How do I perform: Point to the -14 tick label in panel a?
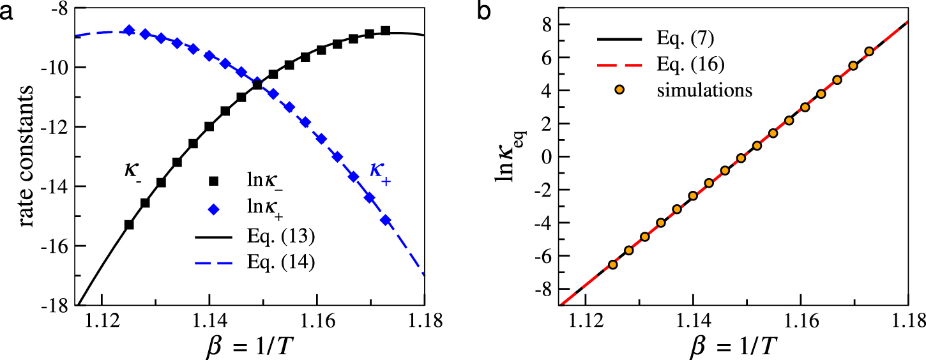pos(57,186)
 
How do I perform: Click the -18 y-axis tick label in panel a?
pos(57,305)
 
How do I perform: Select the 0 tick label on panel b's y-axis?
pos(545,156)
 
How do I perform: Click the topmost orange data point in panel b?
pos(869,52)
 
